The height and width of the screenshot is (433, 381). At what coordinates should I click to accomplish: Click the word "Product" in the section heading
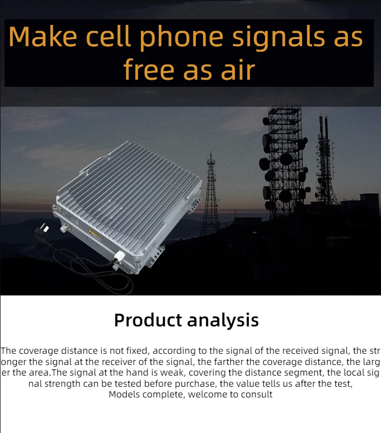click(x=148, y=320)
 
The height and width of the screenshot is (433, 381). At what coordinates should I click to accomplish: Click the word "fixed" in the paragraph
click(x=135, y=351)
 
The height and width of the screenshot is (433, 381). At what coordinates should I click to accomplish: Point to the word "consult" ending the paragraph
click(x=257, y=394)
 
